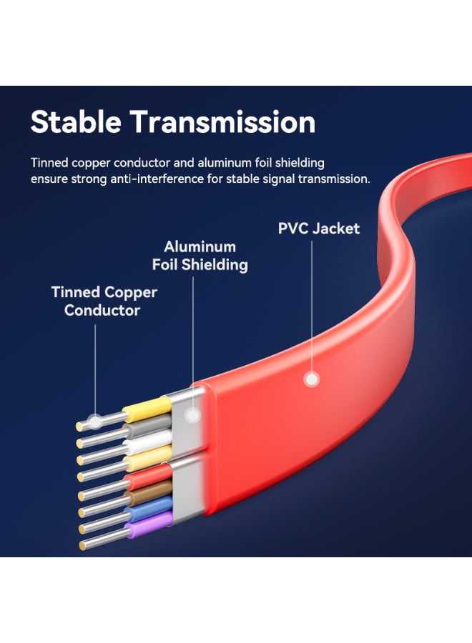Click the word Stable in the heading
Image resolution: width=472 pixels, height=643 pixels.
click(x=76, y=122)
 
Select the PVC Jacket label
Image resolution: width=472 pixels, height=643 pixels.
click(x=319, y=229)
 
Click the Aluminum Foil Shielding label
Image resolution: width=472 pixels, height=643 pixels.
click(x=200, y=256)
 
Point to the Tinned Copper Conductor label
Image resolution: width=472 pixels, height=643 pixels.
click(x=104, y=301)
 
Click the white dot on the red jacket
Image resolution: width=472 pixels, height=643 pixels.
click(x=311, y=379)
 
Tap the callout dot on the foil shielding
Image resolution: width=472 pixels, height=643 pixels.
click(x=192, y=415)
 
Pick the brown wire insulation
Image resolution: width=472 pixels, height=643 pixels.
click(x=149, y=492)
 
